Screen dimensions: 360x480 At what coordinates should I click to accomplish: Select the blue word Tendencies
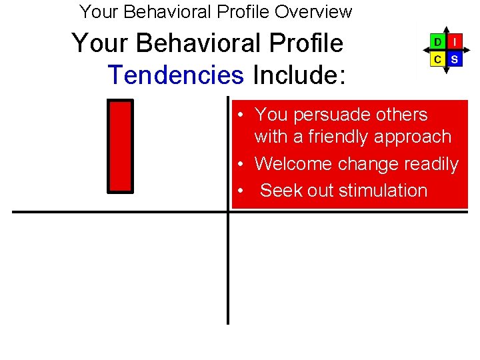(x=175, y=75)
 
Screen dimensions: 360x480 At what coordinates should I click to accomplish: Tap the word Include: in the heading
(x=299, y=75)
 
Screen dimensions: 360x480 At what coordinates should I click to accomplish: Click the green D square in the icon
(x=437, y=42)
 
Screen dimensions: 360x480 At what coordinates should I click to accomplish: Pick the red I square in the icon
(x=455, y=42)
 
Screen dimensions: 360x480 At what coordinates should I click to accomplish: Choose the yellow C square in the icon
(x=437, y=59)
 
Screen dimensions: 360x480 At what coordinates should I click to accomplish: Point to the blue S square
(x=455, y=59)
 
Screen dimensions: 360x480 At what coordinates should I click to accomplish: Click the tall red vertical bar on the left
(x=121, y=146)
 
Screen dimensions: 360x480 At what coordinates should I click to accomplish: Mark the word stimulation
(x=383, y=190)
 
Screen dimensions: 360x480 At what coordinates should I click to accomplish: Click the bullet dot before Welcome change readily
(x=238, y=164)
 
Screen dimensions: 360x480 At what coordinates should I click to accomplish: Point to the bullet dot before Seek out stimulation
(x=238, y=191)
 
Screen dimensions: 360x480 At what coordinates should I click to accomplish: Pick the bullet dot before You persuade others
(x=238, y=115)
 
